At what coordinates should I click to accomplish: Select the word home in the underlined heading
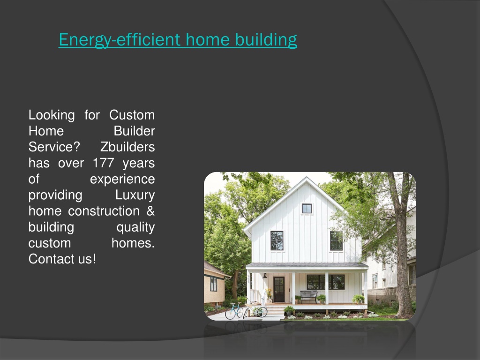point(208,39)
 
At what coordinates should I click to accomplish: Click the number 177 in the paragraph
point(104,163)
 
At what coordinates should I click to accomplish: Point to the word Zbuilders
point(127,147)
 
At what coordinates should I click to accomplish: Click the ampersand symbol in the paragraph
point(150,211)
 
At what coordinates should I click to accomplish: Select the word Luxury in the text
point(135,195)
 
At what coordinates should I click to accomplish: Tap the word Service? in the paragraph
point(54,147)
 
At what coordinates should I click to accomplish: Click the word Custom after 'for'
point(132,115)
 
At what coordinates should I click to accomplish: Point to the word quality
point(135,227)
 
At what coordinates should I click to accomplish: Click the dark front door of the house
point(279,289)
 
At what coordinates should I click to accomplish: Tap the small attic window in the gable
point(307,209)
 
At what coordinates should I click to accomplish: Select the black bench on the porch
point(309,296)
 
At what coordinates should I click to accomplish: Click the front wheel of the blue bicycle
point(230,313)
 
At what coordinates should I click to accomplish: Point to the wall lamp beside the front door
point(265,276)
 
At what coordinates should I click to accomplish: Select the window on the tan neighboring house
point(213,284)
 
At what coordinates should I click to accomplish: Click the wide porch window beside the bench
point(325,282)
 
